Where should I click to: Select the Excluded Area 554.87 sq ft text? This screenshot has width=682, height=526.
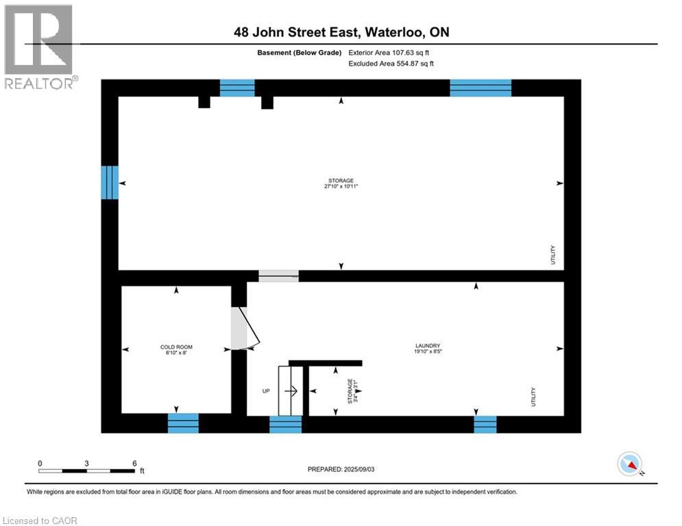[x=391, y=63]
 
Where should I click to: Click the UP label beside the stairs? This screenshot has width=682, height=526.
[x=265, y=392]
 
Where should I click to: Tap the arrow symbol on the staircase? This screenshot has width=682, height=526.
[x=290, y=392]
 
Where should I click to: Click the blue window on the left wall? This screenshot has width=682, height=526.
[x=110, y=182]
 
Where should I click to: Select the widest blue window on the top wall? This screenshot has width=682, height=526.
[x=480, y=88]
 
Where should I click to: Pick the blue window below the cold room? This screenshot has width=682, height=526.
[x=183, y=423]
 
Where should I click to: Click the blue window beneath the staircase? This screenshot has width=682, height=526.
[x=285, y=425]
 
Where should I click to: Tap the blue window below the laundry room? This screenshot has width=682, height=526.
[x=485, y=425]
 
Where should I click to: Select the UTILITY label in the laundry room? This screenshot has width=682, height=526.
[x=533, y=397]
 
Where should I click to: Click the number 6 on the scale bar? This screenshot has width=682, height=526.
[x=135, y=462]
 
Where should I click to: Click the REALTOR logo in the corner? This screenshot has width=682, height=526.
[x=39, y=46]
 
